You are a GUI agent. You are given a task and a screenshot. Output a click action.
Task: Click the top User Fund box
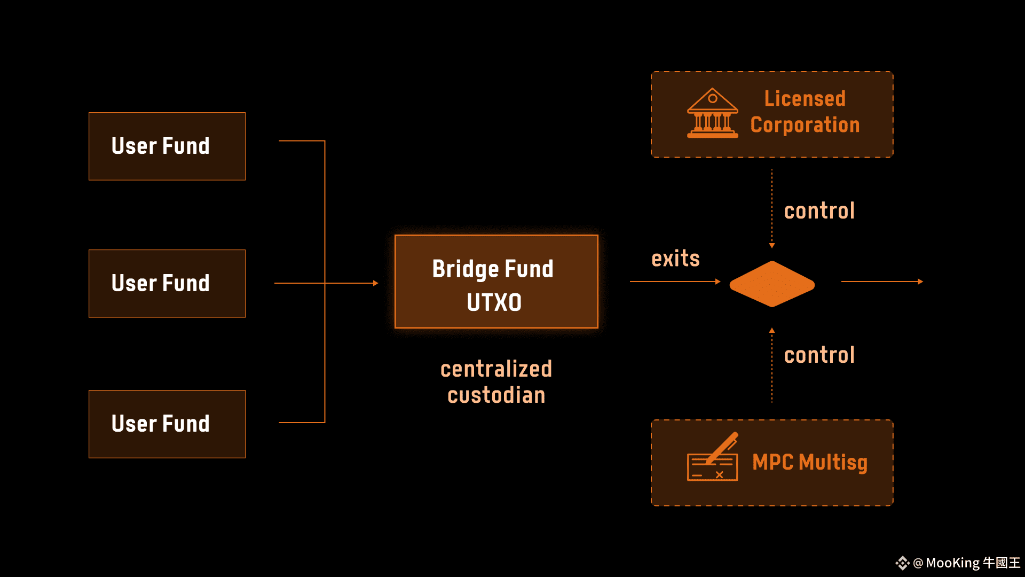167,146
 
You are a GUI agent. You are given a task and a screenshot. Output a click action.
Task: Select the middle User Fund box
167,284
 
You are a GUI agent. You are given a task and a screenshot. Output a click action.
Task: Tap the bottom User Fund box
167,424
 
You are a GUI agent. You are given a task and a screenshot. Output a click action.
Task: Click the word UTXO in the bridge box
494,302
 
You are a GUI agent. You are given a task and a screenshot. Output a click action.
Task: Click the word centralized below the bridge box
496,369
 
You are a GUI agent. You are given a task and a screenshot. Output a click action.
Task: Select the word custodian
496,395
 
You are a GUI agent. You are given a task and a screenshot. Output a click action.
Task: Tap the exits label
675,259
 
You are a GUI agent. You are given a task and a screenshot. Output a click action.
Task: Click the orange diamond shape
772,284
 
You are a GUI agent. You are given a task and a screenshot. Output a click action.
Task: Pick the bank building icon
713,113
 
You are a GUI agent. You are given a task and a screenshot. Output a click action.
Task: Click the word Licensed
805,98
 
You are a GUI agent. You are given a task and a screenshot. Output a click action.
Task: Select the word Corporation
805,125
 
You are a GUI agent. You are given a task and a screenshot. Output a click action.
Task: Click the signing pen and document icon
713,457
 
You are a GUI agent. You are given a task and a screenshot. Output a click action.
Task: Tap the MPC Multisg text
810,463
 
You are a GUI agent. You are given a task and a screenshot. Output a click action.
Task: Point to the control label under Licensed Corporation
819,211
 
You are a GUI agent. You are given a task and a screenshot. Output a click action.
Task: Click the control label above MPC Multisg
819,355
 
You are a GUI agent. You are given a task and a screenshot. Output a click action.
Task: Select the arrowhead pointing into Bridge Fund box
376,283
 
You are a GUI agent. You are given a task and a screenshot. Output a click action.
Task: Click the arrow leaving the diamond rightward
882,282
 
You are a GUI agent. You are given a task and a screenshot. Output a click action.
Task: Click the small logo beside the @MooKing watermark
902,563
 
